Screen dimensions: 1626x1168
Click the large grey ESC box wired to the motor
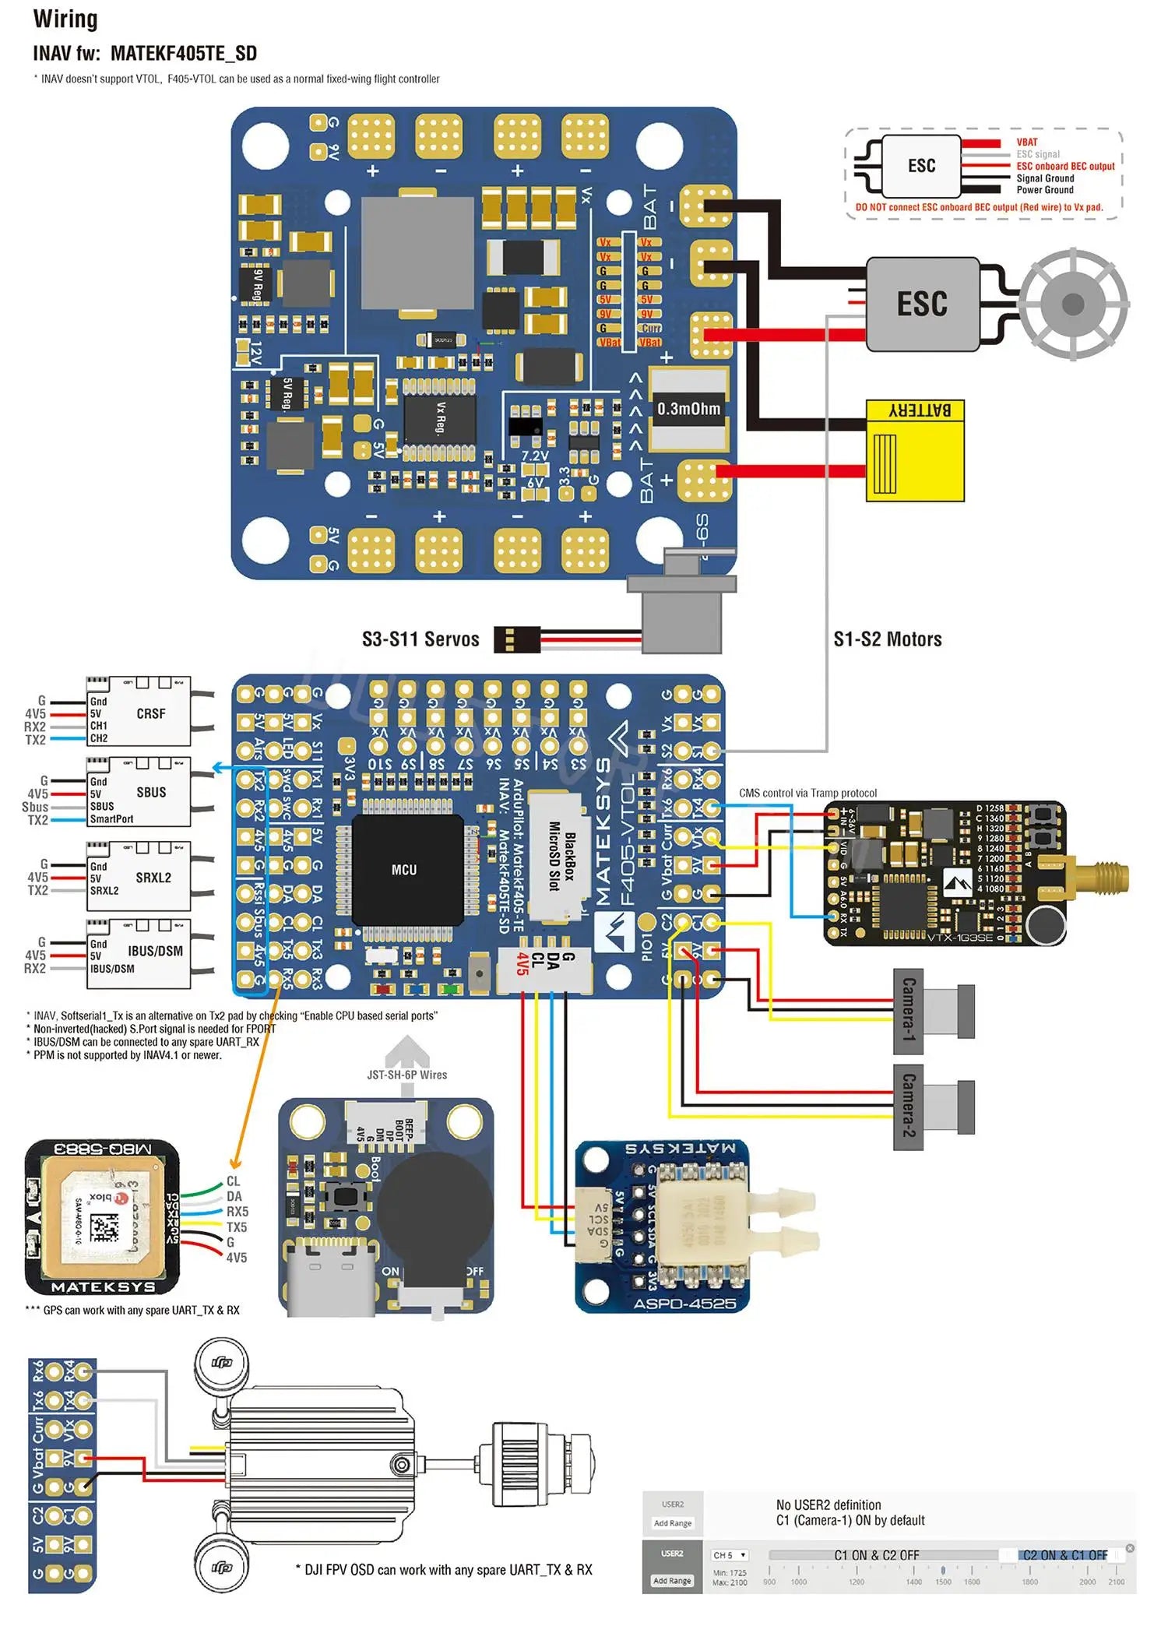coord(922,304)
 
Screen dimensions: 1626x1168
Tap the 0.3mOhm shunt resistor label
coord(688,409)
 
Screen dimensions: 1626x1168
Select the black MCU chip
coord(404,869)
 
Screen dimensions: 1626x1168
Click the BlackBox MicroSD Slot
coord(560,856)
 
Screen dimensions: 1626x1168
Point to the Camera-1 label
coord(909,1010)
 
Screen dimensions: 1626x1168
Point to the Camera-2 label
coord(909,1107)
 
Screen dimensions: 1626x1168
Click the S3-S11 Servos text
coord(420,639)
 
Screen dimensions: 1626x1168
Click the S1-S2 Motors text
coord(888,639)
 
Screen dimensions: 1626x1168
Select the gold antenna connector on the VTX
coord(1098,877)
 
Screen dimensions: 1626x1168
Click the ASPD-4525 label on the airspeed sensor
coord(684,1304)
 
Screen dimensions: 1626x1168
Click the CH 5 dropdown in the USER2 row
coord(730,1555)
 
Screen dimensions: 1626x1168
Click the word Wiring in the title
coord(65,19)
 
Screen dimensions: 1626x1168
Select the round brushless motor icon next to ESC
coord(1073,304)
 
